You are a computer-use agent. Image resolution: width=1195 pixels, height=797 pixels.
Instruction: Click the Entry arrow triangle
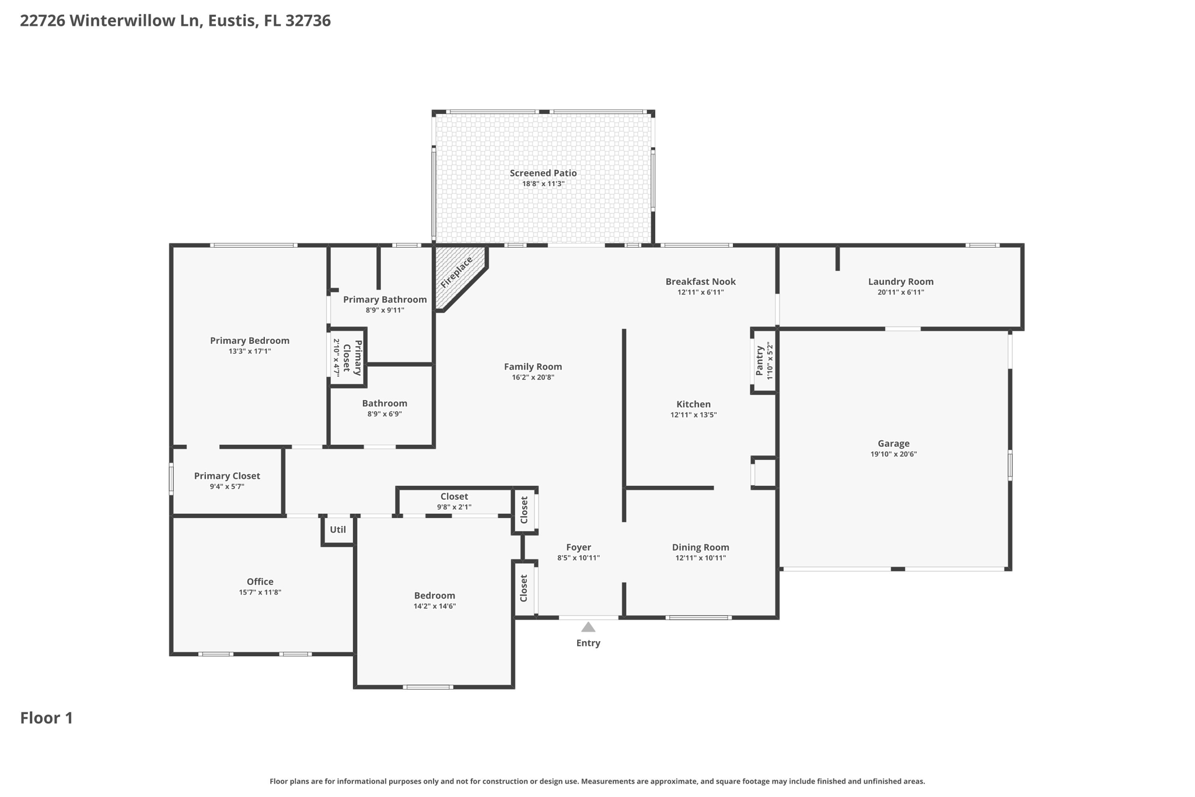coord(588,627)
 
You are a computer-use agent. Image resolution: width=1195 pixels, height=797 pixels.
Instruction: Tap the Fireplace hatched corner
coord(457,274)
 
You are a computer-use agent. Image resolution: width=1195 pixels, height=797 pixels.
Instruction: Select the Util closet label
coord(338,530)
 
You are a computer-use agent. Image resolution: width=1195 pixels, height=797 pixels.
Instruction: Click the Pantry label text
coord(759,361)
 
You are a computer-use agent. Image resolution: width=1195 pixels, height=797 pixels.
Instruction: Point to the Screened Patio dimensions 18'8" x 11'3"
coord(543,184)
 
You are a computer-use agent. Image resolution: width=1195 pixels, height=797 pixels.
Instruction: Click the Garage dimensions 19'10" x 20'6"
coord(893,454)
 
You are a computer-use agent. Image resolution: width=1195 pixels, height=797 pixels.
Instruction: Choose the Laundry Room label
coord(900,281)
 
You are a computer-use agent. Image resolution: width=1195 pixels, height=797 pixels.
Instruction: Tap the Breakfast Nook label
coord(700,281)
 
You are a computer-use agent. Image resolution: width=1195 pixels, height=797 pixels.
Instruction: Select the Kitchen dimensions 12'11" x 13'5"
coord(693,415)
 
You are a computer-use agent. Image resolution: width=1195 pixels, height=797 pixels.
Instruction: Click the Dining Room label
coord(700,547)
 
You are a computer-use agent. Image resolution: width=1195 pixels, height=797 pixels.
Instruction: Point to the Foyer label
coord(578,547)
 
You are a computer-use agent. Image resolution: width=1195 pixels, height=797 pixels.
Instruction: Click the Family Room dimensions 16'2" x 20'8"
coord(533,378)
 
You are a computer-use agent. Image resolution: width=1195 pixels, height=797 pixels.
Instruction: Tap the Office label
coord(260,582)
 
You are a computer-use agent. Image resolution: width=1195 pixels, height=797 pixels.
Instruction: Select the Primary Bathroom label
coord(385,300)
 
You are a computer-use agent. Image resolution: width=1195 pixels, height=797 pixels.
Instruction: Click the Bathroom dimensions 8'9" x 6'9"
coord(385,414)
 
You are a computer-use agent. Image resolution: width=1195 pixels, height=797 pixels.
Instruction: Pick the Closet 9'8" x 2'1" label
coord(454,496)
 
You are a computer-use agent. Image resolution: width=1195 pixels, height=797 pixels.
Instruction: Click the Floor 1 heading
coord(47,718)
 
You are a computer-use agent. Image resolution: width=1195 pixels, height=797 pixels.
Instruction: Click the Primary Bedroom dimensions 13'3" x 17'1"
coord(250,351)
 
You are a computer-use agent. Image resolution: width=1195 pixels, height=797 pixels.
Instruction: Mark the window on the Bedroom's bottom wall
coord(428,687)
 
